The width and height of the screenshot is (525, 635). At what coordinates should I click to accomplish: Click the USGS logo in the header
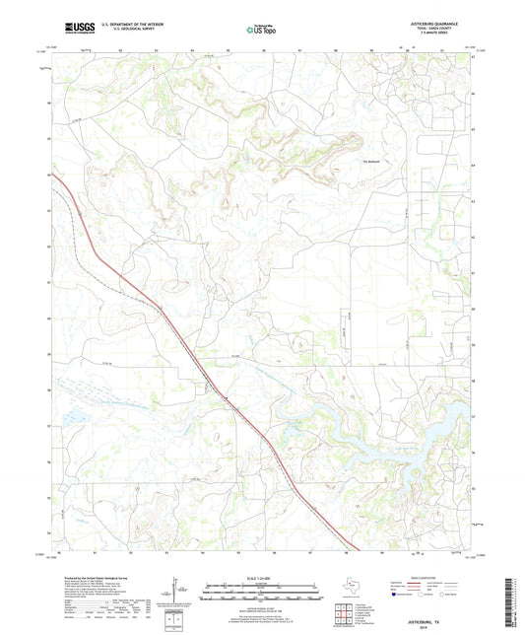pyautogui.click(x=72, y=30)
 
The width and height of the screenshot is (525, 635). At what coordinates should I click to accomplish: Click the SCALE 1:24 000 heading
pyautogui.click(x=261, y=578)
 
